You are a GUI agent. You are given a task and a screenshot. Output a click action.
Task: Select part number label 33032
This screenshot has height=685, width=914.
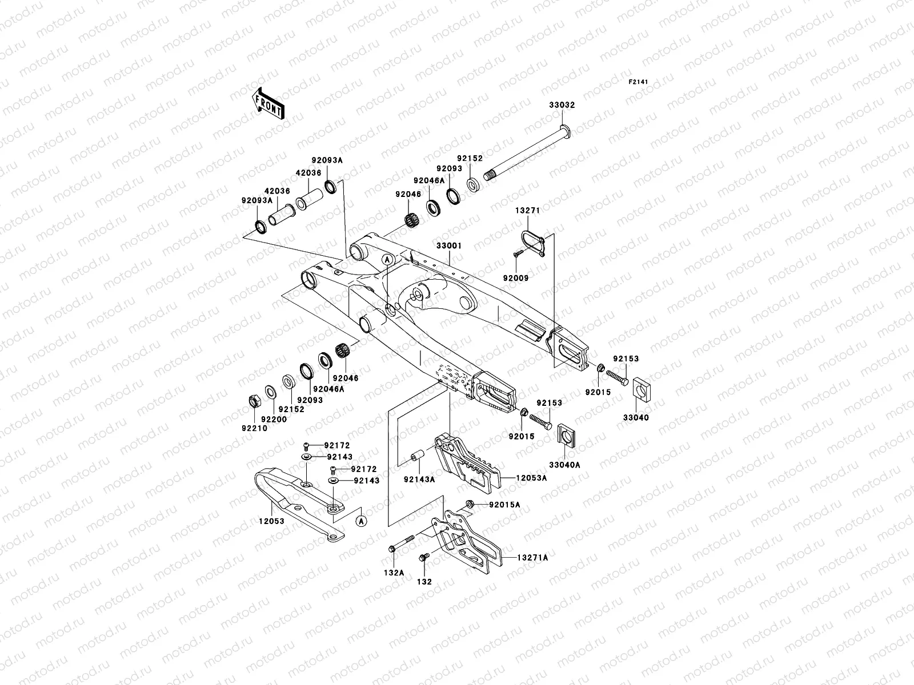tap(562, 105)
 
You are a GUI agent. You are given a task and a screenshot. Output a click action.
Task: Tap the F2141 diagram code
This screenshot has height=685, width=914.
tap(639, 82)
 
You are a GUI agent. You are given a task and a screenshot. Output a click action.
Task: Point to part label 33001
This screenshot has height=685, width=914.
tap(448, 245)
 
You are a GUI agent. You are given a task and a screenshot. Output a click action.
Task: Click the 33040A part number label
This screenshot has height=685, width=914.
tap(564, 465)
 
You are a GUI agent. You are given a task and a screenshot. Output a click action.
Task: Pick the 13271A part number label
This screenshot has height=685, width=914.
tap(532, 557)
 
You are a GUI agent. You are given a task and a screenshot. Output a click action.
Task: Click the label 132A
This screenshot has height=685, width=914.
tap(394, 571)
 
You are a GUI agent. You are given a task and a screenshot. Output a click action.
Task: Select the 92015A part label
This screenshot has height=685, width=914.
tap(504, 505)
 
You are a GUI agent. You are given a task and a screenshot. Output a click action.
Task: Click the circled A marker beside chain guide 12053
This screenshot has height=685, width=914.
tap(360, 520)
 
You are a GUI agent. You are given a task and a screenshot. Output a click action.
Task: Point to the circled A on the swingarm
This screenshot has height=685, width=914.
tap(387, 259)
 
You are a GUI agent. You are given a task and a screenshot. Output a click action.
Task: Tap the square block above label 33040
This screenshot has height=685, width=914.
tap(644, 390)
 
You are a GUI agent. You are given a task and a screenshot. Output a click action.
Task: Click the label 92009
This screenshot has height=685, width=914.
tap(516, 278)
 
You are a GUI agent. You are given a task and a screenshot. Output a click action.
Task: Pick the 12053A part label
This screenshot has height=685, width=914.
tap(531, 478)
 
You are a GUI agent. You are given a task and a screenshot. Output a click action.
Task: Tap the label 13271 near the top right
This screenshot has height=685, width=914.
tap(527, 210)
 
